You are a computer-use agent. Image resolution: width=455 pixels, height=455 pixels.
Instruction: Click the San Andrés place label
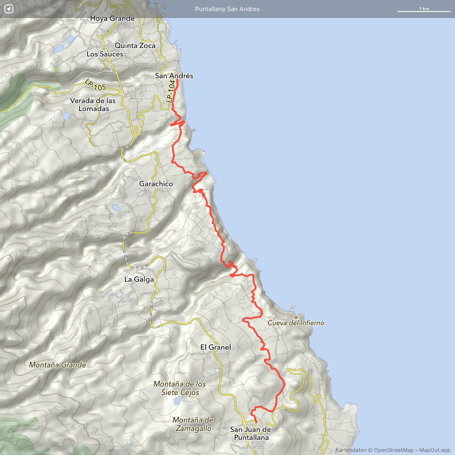(174, 76)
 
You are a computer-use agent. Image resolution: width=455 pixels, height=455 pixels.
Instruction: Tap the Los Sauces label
(104, 54)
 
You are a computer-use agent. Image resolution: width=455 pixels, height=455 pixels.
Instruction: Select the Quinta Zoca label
(135, 45)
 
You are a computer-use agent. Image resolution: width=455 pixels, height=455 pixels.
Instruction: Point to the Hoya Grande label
(112, 19)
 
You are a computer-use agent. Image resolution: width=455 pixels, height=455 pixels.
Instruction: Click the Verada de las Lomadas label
(92, 104)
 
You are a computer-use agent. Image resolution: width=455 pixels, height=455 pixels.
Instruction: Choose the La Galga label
(139, 279)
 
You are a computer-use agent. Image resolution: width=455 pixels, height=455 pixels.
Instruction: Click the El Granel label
(216, 347)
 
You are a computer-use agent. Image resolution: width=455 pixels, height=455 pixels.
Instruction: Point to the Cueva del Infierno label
(296, 323)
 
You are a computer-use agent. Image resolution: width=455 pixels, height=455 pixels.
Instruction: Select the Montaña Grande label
(57, 365)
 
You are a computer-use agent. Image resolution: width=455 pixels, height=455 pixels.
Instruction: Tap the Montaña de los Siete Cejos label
(180, 388)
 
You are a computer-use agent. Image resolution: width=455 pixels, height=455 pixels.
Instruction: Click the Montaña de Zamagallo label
(193, 424)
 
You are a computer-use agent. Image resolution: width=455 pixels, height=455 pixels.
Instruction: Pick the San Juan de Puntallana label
(251, 433)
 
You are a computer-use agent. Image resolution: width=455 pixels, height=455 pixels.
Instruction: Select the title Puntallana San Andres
(227, 9)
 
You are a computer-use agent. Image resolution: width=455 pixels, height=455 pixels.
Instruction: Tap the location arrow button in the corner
(9, 9)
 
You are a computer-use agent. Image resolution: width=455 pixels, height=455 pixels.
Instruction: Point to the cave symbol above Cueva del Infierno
(296, 317)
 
